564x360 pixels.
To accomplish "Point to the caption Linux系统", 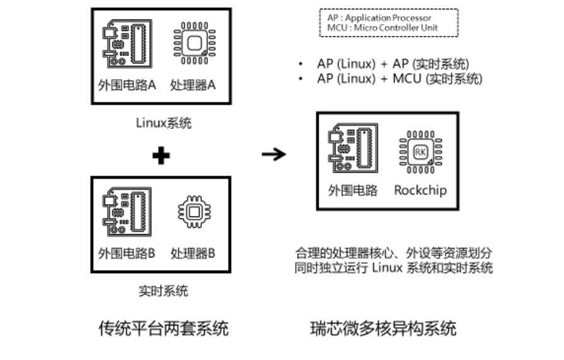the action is [x=163, y=123].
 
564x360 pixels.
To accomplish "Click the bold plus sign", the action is [x=162, y=156].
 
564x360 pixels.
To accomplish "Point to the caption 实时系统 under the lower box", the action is [x=163, y=291].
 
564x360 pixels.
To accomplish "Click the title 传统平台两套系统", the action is [x=164, y=329].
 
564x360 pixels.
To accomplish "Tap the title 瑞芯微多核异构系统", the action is [x=383, y=329].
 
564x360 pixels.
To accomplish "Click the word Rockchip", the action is [x=420, y=190].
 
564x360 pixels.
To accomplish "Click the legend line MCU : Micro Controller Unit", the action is [x=382, y=28].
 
